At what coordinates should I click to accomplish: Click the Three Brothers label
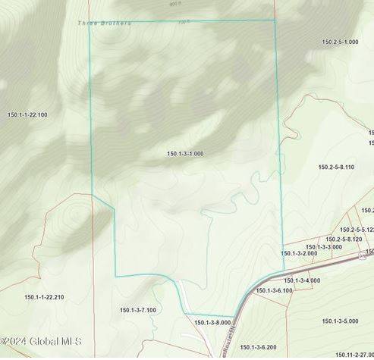coord(104,23)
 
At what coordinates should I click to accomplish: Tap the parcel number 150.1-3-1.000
coord(185,154)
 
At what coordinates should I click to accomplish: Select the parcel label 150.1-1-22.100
coord(27,114)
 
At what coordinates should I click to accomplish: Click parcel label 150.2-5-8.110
coord(336,167)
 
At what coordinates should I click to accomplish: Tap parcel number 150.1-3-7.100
coord(138,310)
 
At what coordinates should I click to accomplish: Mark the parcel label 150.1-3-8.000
coord(212,323)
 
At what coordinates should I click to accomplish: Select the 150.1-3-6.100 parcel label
coord(274,290)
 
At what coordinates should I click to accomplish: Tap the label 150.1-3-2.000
coord(299,253)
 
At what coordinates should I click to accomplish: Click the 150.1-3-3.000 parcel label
coord(323,247)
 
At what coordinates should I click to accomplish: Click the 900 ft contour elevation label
coord(176,3)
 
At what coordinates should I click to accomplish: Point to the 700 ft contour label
coord(182,22)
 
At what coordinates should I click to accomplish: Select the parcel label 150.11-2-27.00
coord(354,354)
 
